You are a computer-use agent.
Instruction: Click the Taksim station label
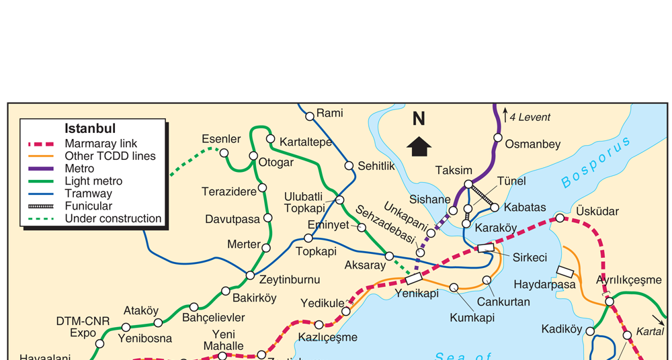[x=454, y=170]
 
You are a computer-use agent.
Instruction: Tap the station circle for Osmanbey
[x=497, y=138]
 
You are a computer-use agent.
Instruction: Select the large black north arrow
[x=419, y=146]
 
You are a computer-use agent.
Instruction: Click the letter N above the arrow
[x=419, y=119]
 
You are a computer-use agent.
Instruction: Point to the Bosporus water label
[x=596, y=162]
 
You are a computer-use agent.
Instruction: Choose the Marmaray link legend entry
[x=101, y=144]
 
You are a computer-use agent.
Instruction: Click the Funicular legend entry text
[x=88, y=206]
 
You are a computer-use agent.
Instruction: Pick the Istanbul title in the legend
[x=90, y=128]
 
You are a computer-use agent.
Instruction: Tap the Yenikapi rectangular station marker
[x=414, y=277]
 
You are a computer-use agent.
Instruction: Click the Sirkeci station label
[x=530, y=257]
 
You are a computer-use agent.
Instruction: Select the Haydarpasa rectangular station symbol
[x=565, y=271]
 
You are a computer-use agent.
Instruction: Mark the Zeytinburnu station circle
[x=250, y=275]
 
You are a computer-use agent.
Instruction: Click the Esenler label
[x=221, y=139]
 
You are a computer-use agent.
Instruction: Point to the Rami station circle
[x=310, y=116]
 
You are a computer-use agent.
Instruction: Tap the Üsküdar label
[x=597, y=212]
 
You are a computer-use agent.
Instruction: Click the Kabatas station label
[x=525, y=207]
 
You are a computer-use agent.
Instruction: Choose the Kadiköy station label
[x=561, y=329]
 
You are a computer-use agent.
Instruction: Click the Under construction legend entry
[x=113, y=219]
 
